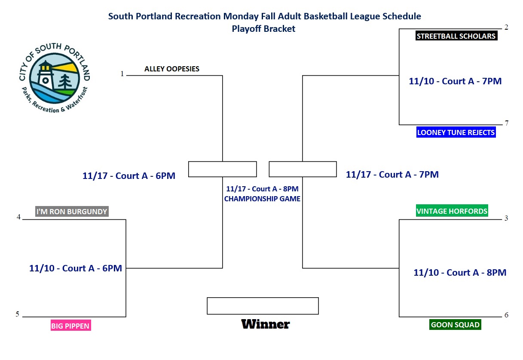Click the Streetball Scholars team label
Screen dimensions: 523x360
point(456,36)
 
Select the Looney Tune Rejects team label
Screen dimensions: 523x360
point(456,132)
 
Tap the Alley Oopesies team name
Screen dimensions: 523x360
point(172,69)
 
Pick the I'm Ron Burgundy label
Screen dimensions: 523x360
point(72,212)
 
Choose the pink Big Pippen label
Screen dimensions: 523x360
point(71,326)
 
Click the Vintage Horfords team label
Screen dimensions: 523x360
point(452,211)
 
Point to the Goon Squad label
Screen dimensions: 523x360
point(455,325)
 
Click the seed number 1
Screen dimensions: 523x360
point(122,74)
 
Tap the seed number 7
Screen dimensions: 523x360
point(507,123)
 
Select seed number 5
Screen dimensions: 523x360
point(18,314)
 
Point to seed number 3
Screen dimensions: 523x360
point(506,218)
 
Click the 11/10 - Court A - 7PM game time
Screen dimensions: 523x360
point(455,81)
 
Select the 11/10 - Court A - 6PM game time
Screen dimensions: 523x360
point(76,268)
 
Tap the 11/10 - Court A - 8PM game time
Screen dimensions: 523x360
point(460,273)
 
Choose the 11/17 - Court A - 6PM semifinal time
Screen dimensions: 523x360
point(129,176)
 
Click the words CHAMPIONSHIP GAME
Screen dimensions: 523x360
point(262,199)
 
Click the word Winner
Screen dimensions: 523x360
point(266,324)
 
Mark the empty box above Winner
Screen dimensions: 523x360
point(263,298)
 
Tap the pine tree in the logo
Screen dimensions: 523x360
point(65,82)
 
